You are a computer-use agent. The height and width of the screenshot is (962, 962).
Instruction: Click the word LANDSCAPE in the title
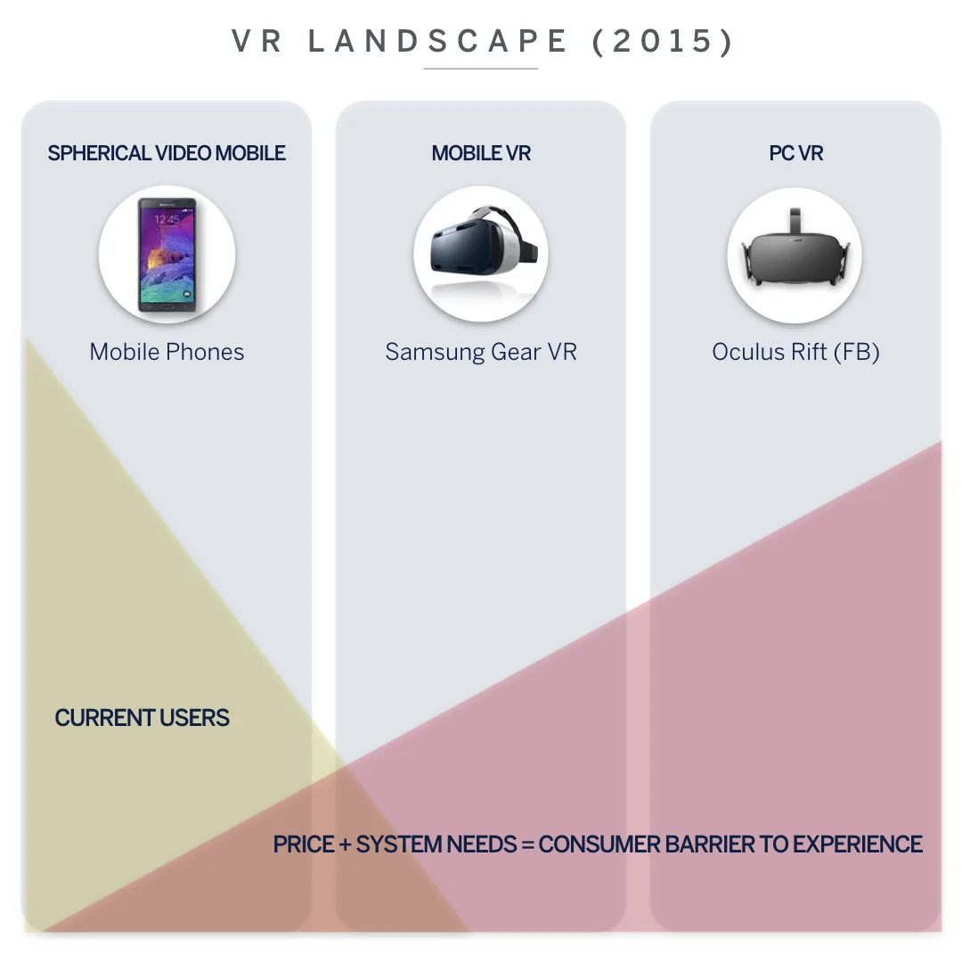point(437,41)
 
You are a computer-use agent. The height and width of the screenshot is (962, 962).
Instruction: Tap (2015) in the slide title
point(664,41)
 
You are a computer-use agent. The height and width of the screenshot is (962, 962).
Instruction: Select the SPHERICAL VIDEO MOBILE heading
point(167,153)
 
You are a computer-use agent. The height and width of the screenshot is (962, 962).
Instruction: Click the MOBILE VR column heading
point(481,153)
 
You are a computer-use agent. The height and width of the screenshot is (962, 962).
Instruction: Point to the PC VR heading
point(796,153)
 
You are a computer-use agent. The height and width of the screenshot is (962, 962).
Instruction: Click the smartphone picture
point(167,255)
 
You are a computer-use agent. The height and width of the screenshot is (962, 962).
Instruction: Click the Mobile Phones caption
point(167,352)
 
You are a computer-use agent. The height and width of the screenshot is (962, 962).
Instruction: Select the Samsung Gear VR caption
point(481,352)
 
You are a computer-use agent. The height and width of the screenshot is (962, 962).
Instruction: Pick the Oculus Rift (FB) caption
point(795,352)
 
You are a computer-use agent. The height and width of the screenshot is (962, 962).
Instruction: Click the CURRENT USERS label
point(142,718)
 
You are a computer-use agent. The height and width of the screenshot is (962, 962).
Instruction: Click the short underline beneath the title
point(481,69)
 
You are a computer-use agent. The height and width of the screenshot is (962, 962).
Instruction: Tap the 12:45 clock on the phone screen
point(167,219)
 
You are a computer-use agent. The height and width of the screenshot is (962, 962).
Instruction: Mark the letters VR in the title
point(258,41)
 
